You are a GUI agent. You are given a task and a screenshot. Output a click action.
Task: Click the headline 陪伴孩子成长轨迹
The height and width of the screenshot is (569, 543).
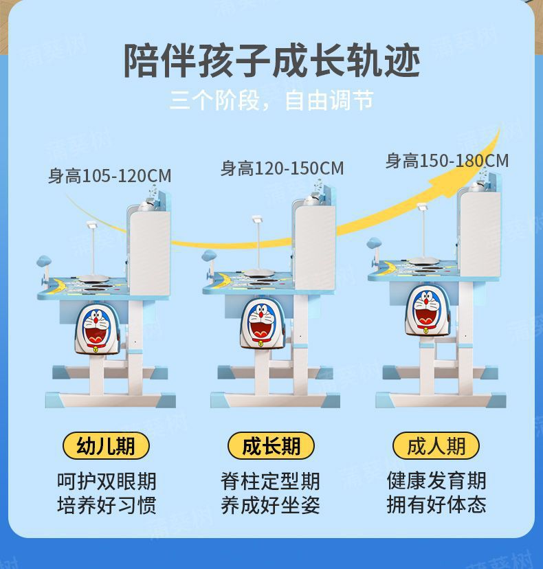click(271, 60)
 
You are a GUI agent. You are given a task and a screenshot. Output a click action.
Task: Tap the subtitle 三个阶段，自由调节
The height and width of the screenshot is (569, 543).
click(271, 102)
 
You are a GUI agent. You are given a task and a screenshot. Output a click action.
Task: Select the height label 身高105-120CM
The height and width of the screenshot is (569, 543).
click(109, 177)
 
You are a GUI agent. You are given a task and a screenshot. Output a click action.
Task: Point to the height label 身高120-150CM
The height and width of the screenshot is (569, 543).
click(282, 168)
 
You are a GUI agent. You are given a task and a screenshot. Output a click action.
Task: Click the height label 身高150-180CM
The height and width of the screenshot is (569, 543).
click(447, 161)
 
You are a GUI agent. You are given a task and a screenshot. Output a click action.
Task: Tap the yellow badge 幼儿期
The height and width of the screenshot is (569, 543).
click(107, 446)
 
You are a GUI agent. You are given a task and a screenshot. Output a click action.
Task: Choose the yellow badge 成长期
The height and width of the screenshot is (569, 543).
click(271, 446)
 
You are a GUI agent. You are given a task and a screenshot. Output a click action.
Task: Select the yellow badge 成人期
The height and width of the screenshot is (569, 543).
click(436, 446)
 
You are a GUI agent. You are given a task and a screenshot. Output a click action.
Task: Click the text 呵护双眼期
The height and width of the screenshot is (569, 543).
click(107, 480)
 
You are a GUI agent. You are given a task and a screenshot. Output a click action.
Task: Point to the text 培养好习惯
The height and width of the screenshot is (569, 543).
click(107, 505)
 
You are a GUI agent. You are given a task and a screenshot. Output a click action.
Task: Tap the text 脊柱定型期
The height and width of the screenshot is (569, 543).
click(271, 480)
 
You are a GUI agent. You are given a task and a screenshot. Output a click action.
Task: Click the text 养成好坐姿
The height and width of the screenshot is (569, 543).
click(271, 505)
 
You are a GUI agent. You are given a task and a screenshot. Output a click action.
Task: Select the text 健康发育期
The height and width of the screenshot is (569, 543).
click(436, 480)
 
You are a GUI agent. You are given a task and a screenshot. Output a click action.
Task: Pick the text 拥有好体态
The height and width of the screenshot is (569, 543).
click(436, 505)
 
